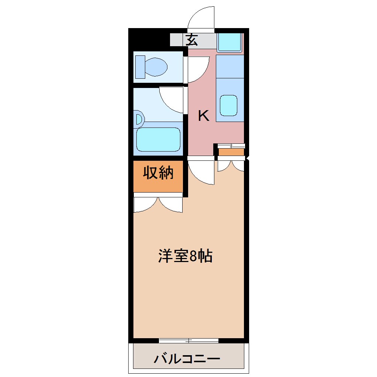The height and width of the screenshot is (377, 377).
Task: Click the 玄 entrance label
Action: click(191, 40)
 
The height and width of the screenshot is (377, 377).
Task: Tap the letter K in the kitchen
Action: click(204, 116)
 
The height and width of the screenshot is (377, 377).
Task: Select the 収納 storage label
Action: click(158, 173)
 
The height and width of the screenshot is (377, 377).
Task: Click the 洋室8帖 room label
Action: click(185, 256)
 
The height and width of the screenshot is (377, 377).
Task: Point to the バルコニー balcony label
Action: click(187, 359)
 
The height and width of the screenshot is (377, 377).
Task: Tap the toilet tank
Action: click(140, 67)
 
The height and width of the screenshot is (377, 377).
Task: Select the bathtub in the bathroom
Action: click(158, 140)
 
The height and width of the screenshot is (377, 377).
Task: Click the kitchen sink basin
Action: click(229, 105)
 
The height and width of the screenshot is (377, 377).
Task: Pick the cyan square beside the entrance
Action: click(229, 42)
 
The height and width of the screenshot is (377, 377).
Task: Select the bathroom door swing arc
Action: click(171, 100)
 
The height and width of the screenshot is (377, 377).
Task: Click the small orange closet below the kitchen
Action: click(231, 152)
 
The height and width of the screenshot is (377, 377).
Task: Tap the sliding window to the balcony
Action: click(188, 340)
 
